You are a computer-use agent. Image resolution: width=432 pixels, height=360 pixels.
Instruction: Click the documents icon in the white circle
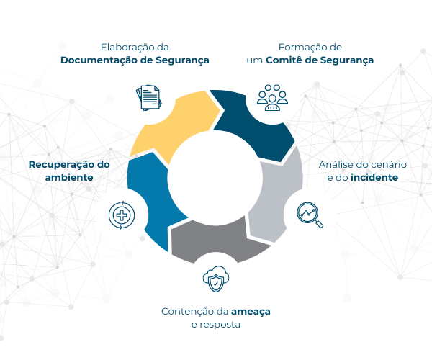click(x=149, y=98)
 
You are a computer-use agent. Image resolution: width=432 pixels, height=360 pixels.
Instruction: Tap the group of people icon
click(x=272, y=98)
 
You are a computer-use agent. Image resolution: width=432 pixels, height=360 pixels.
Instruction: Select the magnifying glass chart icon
click(x=310, y=214)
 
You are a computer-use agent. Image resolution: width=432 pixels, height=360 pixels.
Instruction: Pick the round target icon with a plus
click(x=122, y=214)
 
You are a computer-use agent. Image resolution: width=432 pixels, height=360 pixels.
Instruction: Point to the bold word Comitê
click(x=284, y=60)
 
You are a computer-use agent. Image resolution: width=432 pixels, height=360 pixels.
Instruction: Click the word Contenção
click(x=183, y=312)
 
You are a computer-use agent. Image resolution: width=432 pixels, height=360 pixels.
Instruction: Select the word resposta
click(x=219, y=325)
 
